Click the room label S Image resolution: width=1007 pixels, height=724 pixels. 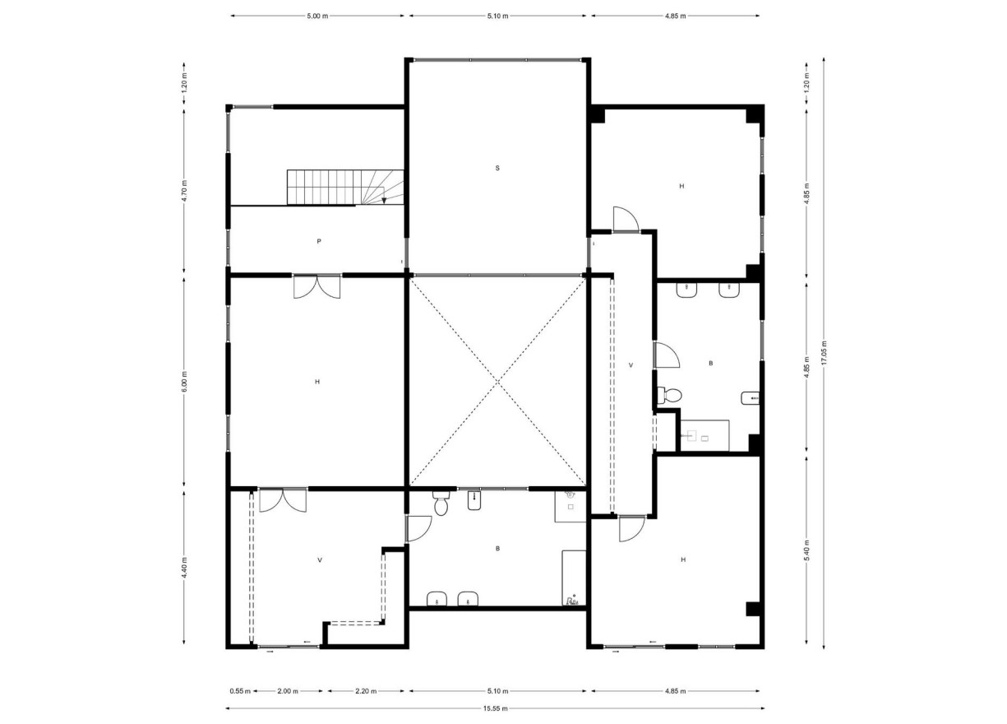497,168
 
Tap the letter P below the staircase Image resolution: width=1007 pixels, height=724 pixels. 318,242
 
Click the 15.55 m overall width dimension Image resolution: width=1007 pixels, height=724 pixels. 496,708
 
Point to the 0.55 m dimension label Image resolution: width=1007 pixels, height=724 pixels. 240,691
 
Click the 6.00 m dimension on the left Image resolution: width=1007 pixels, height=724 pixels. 184,380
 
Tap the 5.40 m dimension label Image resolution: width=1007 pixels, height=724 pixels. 807,550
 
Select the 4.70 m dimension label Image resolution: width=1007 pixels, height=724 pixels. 184,190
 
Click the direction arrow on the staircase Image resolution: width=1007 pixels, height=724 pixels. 384,198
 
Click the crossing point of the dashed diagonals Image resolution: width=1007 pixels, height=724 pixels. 498,381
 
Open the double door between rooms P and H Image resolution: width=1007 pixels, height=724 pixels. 317,285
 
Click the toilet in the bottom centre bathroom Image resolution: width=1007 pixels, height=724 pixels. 441,504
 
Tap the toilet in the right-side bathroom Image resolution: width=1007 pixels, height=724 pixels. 670,396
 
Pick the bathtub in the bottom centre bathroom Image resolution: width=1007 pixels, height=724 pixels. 573,578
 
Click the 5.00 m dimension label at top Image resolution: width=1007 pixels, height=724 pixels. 317,16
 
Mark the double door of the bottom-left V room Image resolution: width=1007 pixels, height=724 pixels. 282,499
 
